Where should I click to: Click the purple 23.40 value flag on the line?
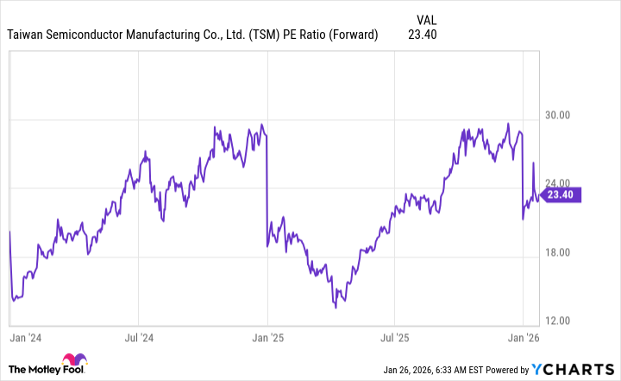(566, 195)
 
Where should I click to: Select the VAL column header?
(425, 18)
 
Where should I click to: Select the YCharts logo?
(580, 370)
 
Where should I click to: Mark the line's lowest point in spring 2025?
(335, 306)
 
